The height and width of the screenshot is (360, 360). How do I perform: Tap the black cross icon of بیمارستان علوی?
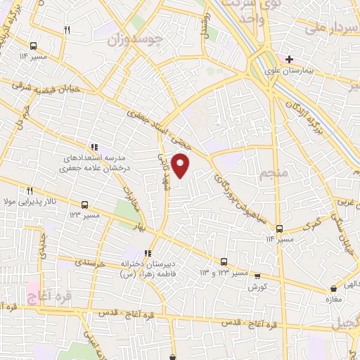click(x=288, y=58)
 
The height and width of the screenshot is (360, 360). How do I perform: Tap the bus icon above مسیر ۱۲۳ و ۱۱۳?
click(x=224, y=261)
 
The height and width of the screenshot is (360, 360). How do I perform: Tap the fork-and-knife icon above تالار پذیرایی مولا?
click(x=30, y=191)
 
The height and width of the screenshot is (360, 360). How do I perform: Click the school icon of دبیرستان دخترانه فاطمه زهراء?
click(x=147, y=254)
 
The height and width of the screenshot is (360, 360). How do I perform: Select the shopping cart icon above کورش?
click(x=257, y=276)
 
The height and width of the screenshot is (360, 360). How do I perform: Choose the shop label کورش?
click(x=257, y=288)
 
